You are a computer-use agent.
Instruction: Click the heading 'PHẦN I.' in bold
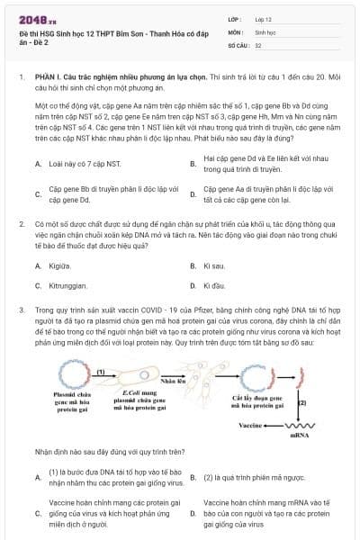(47, 78)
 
